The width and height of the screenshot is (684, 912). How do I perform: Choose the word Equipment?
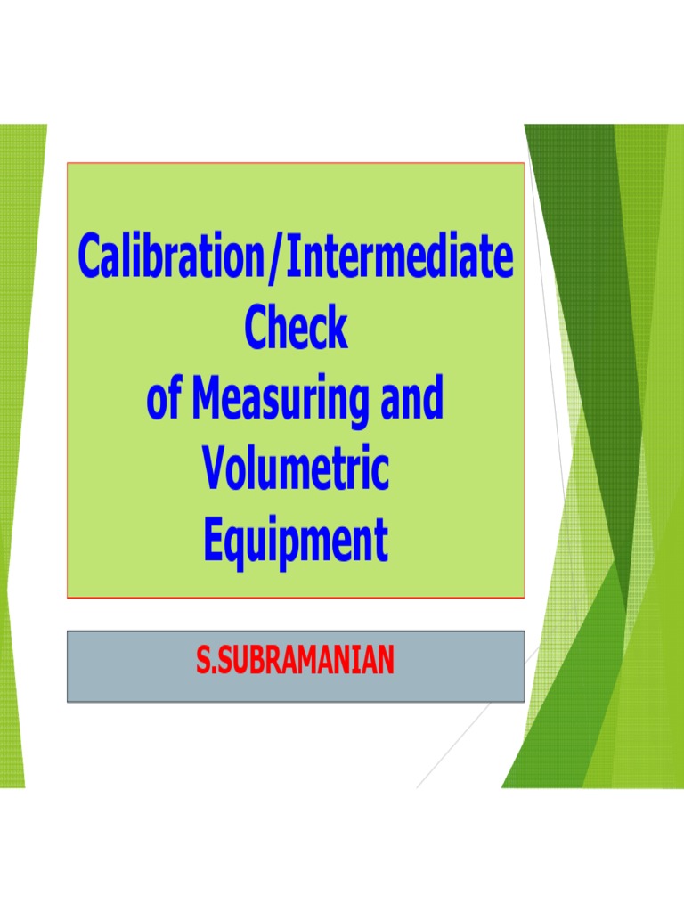[x=295, y=541]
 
